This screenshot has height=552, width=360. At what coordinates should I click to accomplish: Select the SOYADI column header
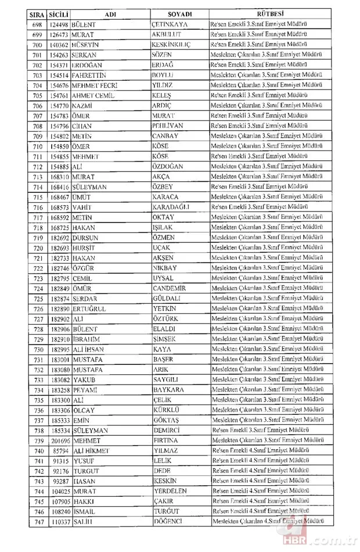[x=179, y=12]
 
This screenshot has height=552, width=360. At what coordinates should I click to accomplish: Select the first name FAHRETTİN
[x=89, y=74]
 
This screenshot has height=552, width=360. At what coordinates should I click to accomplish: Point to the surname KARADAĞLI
[x=172, y=207]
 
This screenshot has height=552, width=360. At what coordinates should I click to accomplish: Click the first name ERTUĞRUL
[x=89, y=309]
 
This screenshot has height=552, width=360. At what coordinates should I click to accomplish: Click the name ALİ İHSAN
[x=87, y=349]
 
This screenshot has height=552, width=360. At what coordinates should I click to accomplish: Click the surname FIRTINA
[x=167, y=441]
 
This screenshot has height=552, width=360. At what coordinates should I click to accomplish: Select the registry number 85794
[x=60, y=451]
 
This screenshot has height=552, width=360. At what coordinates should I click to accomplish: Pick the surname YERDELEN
[x=171, y=492]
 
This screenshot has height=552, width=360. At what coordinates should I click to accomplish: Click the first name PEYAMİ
[x=84, y=390]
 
